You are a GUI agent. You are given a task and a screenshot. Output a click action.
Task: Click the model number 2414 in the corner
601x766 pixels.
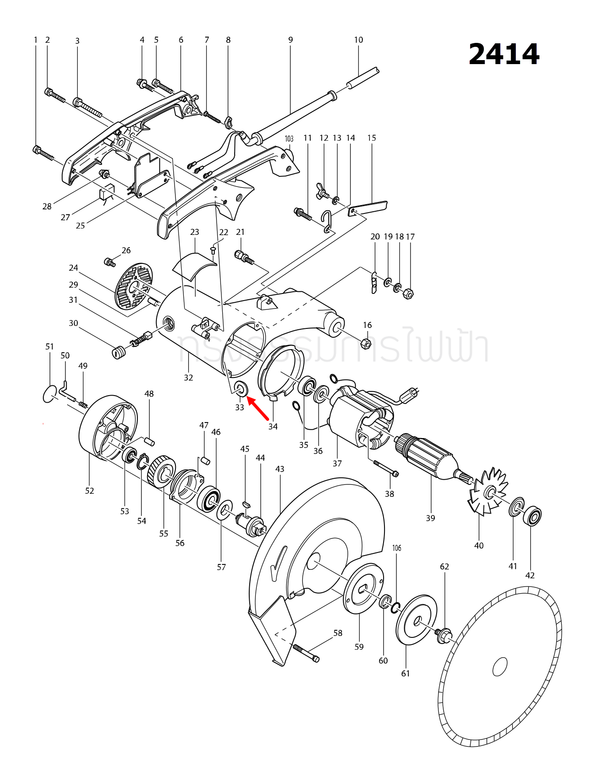pyautogui.click(x=504, y=54)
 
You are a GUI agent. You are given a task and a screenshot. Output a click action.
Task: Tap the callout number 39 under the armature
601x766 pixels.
pyautogui.click(x=430, y=518)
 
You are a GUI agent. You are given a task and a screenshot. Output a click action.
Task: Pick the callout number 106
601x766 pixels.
pyautogui.click(x=397, y=548)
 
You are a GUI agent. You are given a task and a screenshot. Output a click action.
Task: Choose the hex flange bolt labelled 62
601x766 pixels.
pyautogui.click(x=444, y=636)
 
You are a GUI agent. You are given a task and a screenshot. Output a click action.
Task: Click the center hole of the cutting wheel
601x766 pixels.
pyautogui.click(x=500, y=667)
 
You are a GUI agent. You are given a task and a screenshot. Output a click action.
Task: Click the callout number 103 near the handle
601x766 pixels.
pyautogui.click(x=289, y=139)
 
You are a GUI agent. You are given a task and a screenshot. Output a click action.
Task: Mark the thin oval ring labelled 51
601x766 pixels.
pyautogui.click(x=50, y=394)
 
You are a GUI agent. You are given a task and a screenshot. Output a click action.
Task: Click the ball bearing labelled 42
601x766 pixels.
pyautogui.click(x=532, y=516)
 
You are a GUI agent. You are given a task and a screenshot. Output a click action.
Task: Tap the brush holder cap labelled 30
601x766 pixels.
pyautogui.click(x=117, y=353)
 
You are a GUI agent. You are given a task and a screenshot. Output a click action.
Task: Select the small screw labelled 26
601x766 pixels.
pyautogui.click(x=109, y=262)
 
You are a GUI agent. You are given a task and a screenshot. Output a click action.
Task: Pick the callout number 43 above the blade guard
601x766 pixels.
pyautogui.click(x=280, y=469)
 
